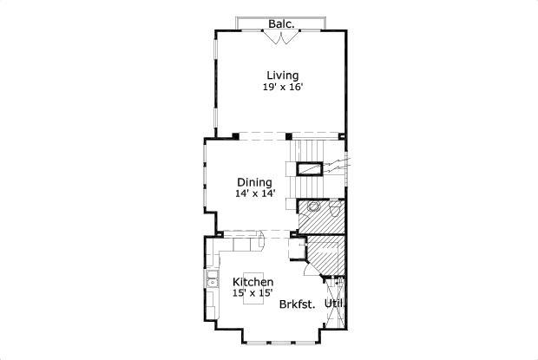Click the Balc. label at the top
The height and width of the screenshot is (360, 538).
280,23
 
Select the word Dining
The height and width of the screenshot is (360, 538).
254,182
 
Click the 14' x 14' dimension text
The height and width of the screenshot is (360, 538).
254,193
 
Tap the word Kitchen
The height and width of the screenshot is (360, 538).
253,282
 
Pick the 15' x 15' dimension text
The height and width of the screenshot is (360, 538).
253,293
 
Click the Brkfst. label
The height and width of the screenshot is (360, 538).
297,304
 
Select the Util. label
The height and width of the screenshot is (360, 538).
335,304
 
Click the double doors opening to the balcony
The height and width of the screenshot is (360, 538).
281,35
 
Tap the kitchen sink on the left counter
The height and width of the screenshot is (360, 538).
212,280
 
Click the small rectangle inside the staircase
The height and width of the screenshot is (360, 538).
309,169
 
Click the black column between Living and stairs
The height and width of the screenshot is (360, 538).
289,135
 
